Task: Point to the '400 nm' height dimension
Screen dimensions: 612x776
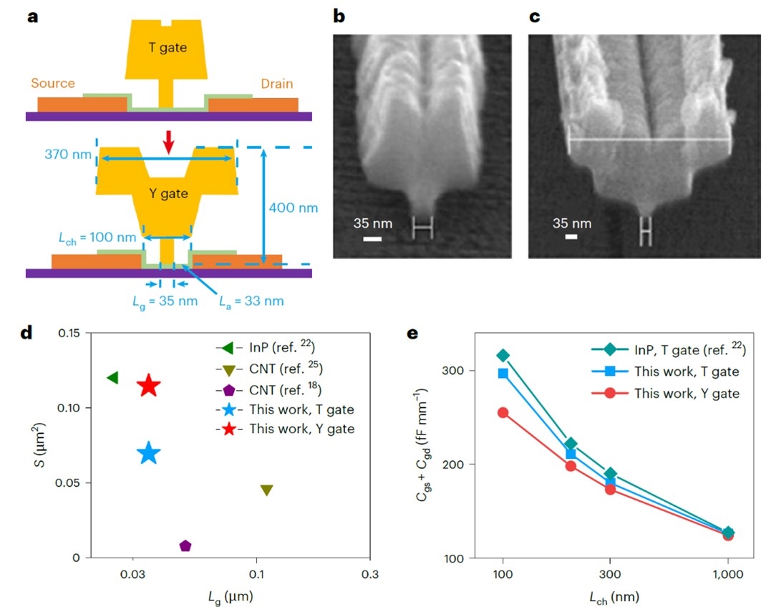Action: pos(293,208)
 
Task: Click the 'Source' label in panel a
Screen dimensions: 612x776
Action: pos(52,84)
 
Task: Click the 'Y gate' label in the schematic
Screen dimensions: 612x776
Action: pos(168,193)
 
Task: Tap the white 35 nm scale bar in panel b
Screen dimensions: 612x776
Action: pos(372,238)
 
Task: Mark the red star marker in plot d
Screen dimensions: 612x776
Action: pos(148,386)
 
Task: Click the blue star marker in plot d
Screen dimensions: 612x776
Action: pos(148,453)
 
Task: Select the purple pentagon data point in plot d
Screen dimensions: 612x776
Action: pos(185,545)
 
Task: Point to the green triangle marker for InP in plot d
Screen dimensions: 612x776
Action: pos(112,377)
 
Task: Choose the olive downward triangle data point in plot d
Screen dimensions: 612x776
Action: pos(266,490)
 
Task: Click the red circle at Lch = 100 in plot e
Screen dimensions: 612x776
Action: pos(503,413)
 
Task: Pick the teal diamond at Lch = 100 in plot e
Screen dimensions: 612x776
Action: pos(503,355)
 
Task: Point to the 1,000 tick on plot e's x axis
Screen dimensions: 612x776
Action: pos(728,576)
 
